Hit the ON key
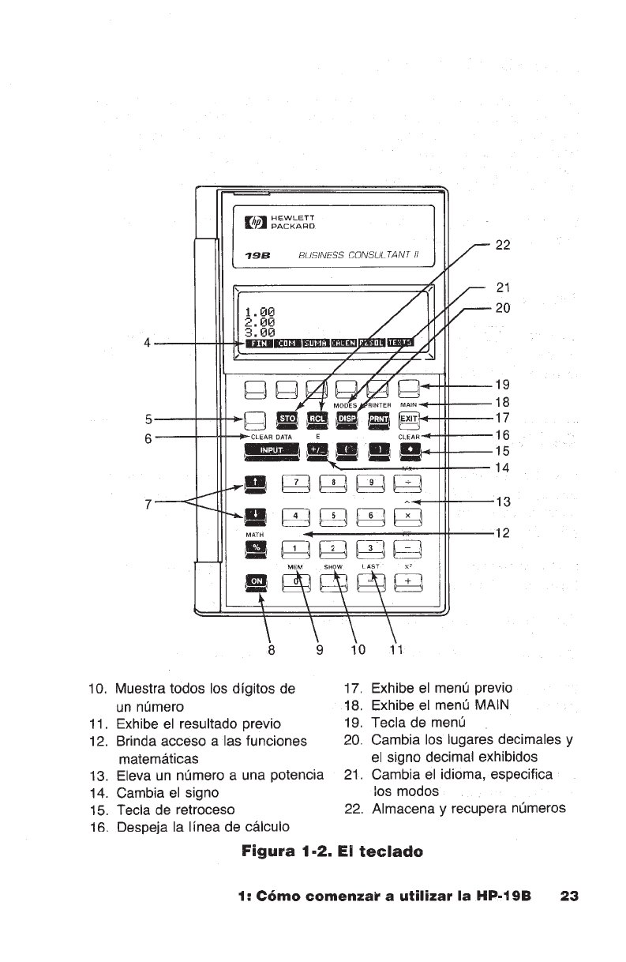pyautogui.click(x=257, y=582)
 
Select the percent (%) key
pyautogui.click(x=257, y=547)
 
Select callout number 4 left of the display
pyautogui.click(x=147, y=344)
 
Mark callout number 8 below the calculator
pyautogui.click(x=272, y=652)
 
